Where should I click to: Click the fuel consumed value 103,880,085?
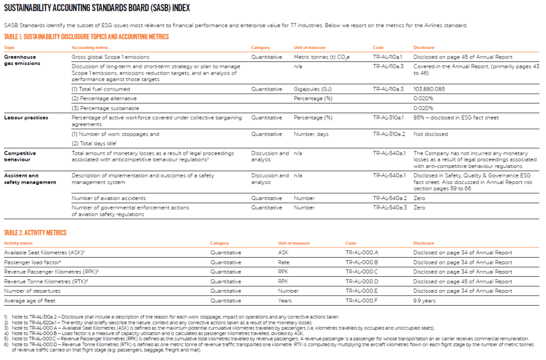(x=429, y=89)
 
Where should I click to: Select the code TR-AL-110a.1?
(x=388, y=57)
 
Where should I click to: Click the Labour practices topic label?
(x=26, y=117)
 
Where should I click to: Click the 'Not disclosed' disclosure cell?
(x=430, y=134)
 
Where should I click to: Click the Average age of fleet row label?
(x=31, y=301)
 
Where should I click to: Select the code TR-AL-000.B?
(x=361, y=262)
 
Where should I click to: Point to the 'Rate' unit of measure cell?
(x=283, y=262)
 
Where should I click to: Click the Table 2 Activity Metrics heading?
(x=35, y=233)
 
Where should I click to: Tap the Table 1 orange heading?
(x=86, y=37)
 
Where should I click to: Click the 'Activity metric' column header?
(x=19, y=243)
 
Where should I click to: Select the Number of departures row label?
(x=33, y=291)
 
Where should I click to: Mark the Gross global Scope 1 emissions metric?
(x=110, y=57)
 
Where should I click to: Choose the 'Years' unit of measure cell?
(x=284, y=301)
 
